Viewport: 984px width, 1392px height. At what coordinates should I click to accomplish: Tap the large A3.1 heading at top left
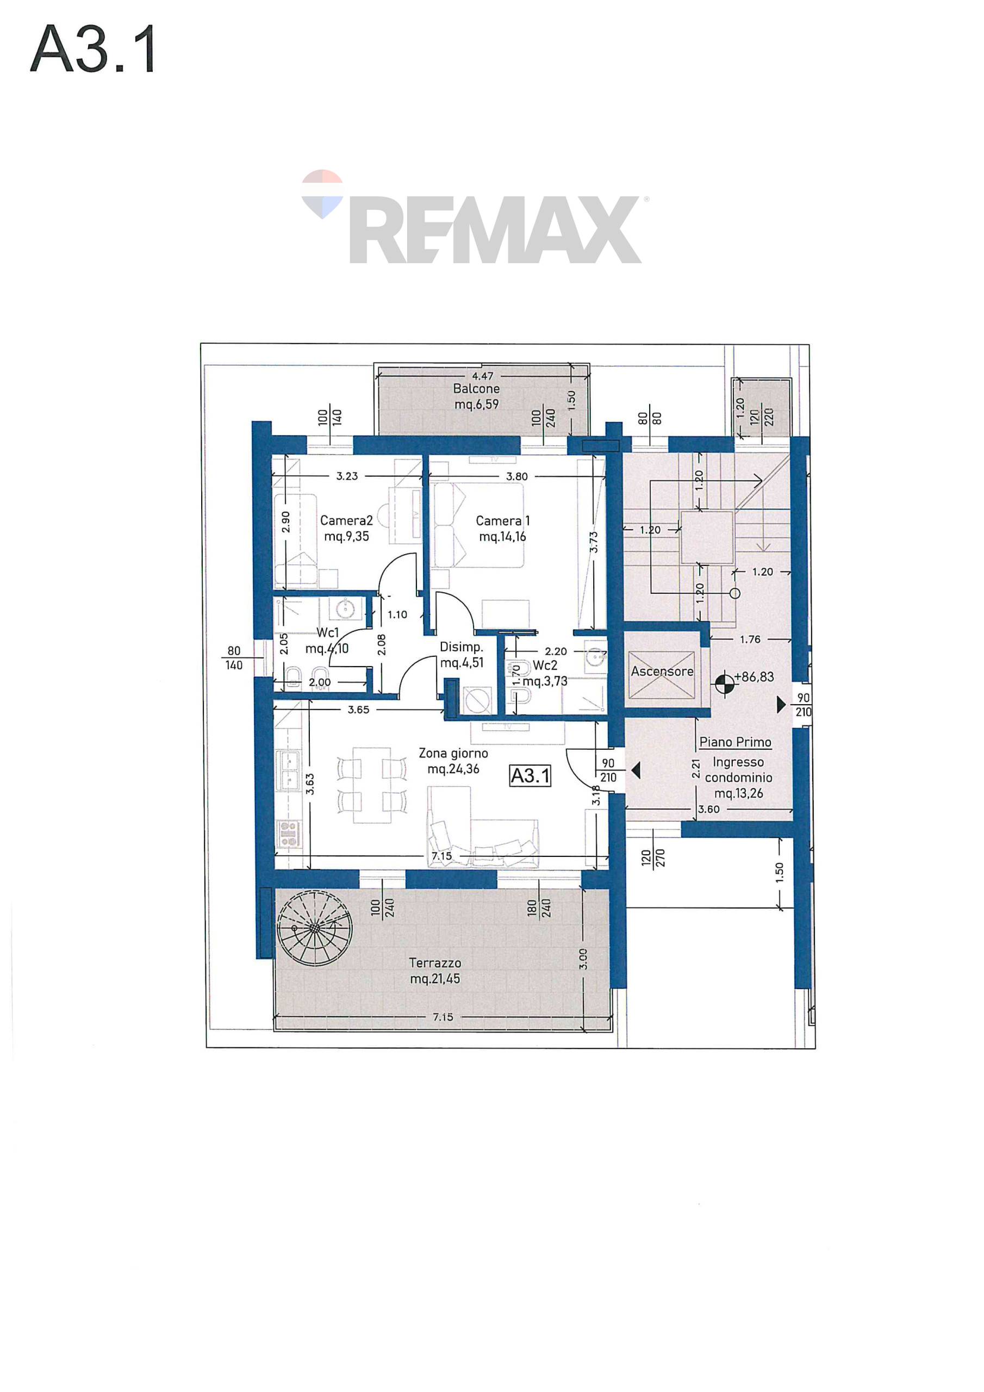pyautogui.click(x=94, y=49)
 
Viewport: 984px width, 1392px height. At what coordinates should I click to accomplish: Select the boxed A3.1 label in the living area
pyautogui.click(x=531, y=775)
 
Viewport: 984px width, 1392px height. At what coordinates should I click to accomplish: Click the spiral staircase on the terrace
pyautogui.click(x=314, y=928)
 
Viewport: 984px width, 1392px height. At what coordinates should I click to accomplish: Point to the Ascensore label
pyautogui.click(x=662, y=671)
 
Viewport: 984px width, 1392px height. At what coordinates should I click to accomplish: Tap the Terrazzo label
pyautogui.click(x=435, y=963)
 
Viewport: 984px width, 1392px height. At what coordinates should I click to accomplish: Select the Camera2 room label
pyautogui.click(x=346, y=520)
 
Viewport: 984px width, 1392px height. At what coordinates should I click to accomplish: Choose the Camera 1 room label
pyautogui.click(x=503, y=521)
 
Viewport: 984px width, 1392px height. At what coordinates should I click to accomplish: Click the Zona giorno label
pyautogui.click(x=453, y=753)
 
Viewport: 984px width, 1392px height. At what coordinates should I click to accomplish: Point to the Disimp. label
pyautogui.click(x=462, y=647)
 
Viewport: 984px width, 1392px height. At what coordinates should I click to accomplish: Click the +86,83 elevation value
pyautogui.click(x=753, y=676)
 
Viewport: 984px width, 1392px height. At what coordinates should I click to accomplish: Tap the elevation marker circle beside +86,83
pyautogui.click(x=725, y=684)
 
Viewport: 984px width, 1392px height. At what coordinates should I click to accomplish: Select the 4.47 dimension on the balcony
pyautogui.click(x=483, y=376)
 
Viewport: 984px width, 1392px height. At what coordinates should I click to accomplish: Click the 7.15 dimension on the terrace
pyautogui.click(x=443, y=1017)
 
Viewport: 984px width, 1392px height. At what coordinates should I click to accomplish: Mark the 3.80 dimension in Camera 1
pyautogui.click(x=516, y=476)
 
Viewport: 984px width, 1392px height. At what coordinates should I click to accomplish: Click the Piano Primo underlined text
pyautogui.click(x=736, y=742)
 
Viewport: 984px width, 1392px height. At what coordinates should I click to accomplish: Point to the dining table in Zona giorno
pyautogui.click(x=372, y=785)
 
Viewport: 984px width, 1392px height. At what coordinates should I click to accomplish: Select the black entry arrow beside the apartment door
pyautogui.click(x=636, y=770)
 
